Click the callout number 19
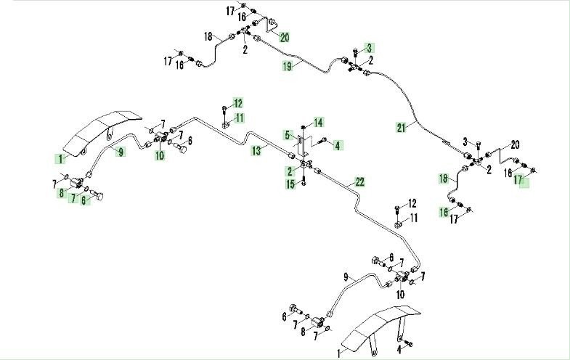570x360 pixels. tap(288, 66)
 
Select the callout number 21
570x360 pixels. tap(401, 128)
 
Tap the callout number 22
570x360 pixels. tap(359, 181)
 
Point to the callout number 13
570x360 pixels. tap(256, 150)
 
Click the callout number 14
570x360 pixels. tap(318, 123)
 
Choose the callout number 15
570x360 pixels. tap(290, 184)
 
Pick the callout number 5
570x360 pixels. tap(288, 136)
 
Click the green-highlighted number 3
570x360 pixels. tap(370, 48)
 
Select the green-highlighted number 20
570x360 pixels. tap(285, 37)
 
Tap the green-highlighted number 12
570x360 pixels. tap(238, 103)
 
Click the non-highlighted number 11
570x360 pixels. tap(414, 218)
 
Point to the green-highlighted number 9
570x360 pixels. tap(121, 152)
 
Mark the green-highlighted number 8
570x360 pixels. tap(62, 193)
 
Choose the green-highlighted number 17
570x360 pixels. tap(518, 179)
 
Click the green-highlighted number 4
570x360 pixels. tap(338, 146)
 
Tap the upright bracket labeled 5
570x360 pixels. tap(301, 147)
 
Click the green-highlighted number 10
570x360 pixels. tap(160, 155)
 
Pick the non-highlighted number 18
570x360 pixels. tap(208, 37)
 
